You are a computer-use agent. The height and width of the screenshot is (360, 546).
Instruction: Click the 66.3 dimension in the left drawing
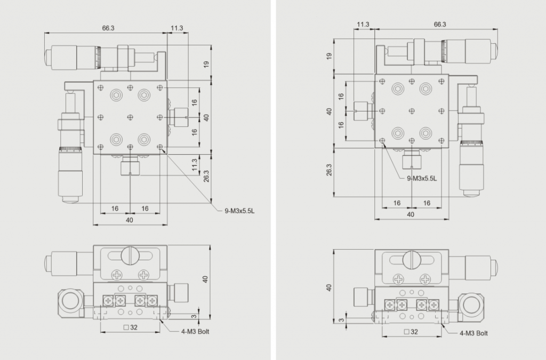pos(108,28)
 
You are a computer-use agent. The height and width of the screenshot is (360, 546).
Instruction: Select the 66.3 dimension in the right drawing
pos(440,25)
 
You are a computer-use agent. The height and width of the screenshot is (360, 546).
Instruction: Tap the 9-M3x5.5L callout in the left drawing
pos(239,211)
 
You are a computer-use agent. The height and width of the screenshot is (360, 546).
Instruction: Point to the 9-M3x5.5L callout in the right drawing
pos(422,179)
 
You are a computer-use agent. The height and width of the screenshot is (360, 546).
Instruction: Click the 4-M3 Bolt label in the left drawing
pos(195,331)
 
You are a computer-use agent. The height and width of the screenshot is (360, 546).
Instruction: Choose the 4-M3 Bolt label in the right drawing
pos(473,333)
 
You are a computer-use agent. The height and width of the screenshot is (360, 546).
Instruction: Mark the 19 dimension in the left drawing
pos(206,65)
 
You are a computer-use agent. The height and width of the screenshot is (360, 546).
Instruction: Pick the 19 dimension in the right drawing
pos(329,56)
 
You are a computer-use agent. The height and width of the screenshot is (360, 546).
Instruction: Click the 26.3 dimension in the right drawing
pos(329,170)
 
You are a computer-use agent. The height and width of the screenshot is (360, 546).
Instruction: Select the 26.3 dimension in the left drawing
pos(206,176)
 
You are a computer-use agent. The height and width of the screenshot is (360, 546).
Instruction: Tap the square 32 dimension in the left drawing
pos(131,327)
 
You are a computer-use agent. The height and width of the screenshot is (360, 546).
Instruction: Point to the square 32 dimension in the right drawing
pos(411,332)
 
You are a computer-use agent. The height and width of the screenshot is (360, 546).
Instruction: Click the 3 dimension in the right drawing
pos(342,319)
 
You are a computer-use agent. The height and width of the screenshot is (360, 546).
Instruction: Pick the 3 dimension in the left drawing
pos(194,316)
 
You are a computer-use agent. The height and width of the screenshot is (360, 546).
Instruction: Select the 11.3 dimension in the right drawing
pos(363,25)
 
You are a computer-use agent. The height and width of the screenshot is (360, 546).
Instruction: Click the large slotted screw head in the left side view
pos(130,256)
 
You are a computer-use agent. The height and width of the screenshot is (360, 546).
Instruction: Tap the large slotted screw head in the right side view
pos(412,260)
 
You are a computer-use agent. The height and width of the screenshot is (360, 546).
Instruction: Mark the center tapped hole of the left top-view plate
pos(130,117)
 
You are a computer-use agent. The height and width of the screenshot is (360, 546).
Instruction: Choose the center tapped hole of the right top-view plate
pos(412,111)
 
